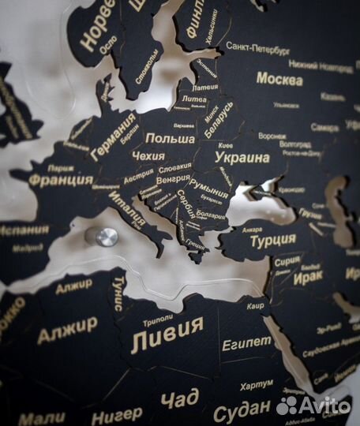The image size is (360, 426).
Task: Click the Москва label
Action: pos(279,79)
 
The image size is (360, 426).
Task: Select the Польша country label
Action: pos(171,138)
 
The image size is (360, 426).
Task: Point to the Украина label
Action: pos(242,157)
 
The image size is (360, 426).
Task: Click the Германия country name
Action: pos(114,136)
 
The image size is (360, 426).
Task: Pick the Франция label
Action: pos(56,179)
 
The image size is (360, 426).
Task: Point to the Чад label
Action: pos(179,399)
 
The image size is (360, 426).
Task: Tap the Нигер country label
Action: pos(117,415)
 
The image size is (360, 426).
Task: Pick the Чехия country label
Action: pos(148,156)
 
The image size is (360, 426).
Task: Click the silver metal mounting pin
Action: pos(106,236)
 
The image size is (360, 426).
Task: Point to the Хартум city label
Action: pos(257,383)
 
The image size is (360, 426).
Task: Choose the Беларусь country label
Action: pos(219,121)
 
